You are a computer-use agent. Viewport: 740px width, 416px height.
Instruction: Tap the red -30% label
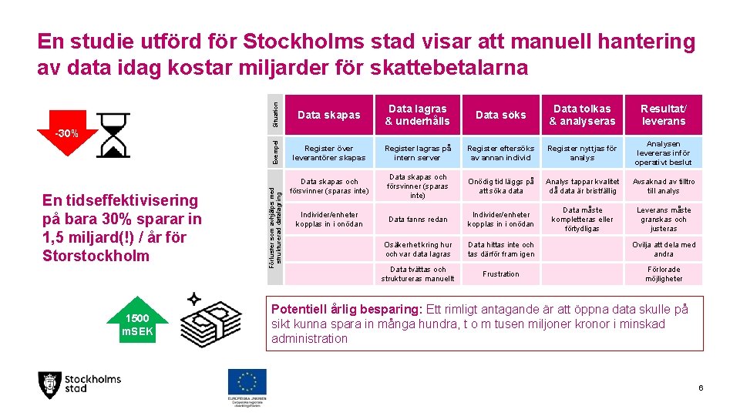pyautogui.click(x=66, y=134)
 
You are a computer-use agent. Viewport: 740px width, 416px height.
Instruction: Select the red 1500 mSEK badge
pyautogui.click(x=137, y=325)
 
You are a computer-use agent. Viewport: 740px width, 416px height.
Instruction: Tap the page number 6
pyautogui.click(x=700, y=387)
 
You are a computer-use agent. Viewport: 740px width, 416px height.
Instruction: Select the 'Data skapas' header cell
pyautogui.click(x=328, y=115)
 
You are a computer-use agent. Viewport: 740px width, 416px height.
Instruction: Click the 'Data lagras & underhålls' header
pyautogui.click(x=417, y=115)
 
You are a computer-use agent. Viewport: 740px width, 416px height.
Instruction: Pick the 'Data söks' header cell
pyautogui.click(x=501, y=115)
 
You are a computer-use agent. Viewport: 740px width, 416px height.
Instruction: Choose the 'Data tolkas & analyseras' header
pyautogui.click(x=582, y=115)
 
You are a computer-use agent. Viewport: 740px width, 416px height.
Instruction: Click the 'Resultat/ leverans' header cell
pyautogui.click(x=663, y=115)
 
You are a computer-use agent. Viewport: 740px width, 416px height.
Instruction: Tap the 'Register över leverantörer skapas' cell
pyautogui.click(x=328, y=153)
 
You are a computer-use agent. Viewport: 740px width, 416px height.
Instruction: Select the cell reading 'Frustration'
pyautogui.click(x=501, y=273)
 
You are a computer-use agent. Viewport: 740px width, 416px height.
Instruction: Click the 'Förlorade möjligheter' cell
pyautogui.click(x=663, y=273)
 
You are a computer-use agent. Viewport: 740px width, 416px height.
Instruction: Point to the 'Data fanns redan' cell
pyautogui.click(x=417, y=220)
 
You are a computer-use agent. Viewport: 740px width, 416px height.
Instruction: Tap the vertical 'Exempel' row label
pyautogui.click(x=275, y=152)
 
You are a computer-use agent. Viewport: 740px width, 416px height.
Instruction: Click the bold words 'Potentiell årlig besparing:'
pyautogui.click(x=345, y=310)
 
